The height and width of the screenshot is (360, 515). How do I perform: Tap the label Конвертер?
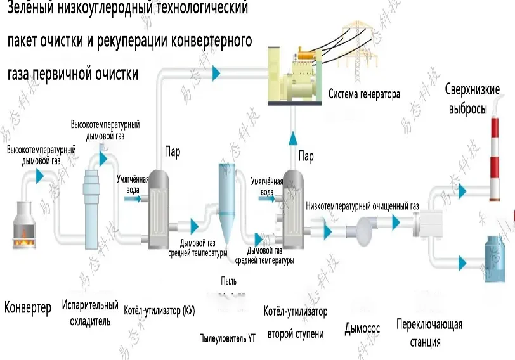pos(28,309)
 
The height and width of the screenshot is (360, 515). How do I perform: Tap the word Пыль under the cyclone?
pos(229,281)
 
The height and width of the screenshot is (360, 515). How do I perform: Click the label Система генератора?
pos(364,95)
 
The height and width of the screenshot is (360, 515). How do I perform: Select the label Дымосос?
pos(362,328)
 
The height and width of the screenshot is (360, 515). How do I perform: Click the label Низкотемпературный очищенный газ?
pos(362,206)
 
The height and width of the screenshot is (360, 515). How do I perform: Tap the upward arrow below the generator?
pos(294,138)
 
